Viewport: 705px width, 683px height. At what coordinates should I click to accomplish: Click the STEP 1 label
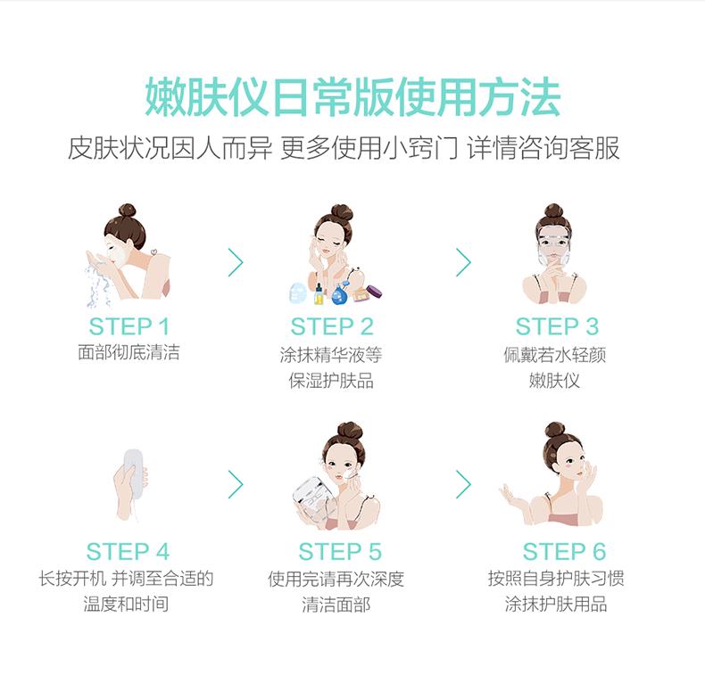(x=129, y=325)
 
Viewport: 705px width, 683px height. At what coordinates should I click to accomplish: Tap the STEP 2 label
(x=331, y=325)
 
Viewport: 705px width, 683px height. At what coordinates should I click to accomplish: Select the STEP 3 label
(x=557, y=325)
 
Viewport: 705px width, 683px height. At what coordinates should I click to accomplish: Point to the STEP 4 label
(x=128, y=551)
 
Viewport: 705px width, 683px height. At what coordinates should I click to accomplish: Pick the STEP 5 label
(x=340, y=551)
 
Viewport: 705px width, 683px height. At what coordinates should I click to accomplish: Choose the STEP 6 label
(x=564, y=551)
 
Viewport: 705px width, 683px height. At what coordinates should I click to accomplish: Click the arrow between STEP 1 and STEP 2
(x=236, y=262)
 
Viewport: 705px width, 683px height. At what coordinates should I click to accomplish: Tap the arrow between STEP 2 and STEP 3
(x=462, y=262)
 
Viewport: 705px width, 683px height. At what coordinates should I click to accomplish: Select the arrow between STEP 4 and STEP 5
(x=236, y=483)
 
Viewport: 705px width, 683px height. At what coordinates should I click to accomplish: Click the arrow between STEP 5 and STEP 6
(x=462, y=483)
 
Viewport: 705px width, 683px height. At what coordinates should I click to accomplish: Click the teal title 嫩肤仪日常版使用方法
(x=352, y=99)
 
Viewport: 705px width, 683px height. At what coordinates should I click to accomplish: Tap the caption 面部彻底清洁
(x=129, y=353)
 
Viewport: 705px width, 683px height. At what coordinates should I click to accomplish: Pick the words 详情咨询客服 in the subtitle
(x=543, y=148)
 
